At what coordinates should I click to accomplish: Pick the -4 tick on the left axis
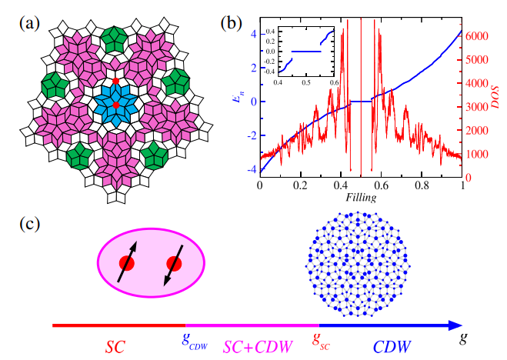[x=252, y=169]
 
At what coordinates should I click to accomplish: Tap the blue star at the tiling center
[x=115, y=105]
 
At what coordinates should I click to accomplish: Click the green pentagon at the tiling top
[x=115, y=38]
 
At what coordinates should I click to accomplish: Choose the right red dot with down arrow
[x=174, y=264]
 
